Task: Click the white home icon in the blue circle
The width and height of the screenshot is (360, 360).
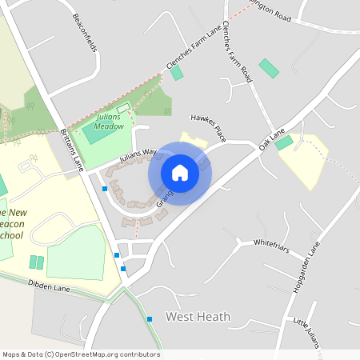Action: pyautogui.click(x=180, y=173)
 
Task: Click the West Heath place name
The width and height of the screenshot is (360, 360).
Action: pyautogui.click(x=198, y=317)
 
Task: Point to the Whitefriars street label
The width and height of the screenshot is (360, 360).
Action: pyautogui.click(x=270, y=242)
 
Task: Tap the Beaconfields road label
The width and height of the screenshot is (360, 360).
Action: pyautogui.click(x=84, y=33)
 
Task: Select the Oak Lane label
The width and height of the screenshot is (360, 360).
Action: pyautogui.click(x=272, y=138)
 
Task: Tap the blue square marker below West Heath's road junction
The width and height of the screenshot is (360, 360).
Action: pyautogui.click(x=150, y=319)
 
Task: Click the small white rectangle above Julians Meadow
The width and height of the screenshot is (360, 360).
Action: pyautogui.click(x=122, y=108)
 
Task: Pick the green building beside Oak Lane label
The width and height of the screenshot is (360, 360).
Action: pyautogui.click(x=284, y=142)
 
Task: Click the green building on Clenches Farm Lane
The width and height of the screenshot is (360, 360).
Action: pyautogui.click(x=177, y=73)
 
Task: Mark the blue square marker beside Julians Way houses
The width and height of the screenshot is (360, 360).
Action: pyautogui.click(x=105, y=189)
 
